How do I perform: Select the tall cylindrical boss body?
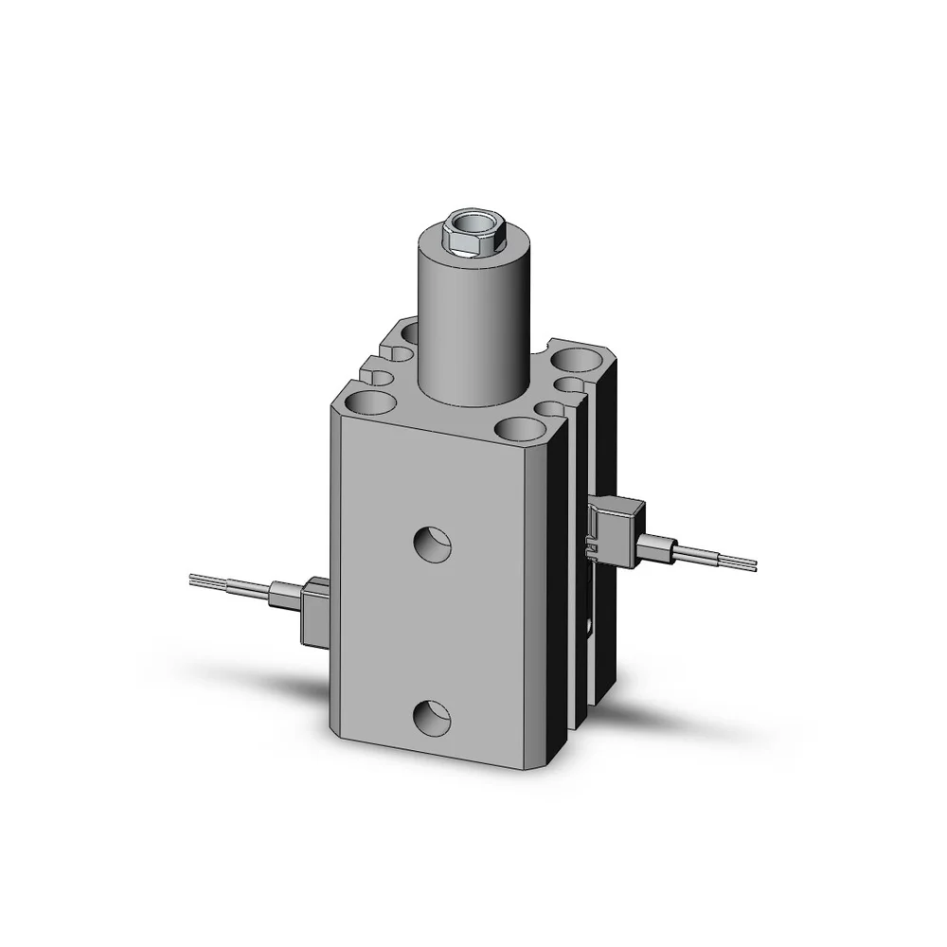[x=470, y=322]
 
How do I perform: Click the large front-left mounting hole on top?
[x=367, y=403]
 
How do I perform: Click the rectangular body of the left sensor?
[x=313, y=615]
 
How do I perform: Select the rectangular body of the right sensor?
[x=619, y=529]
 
